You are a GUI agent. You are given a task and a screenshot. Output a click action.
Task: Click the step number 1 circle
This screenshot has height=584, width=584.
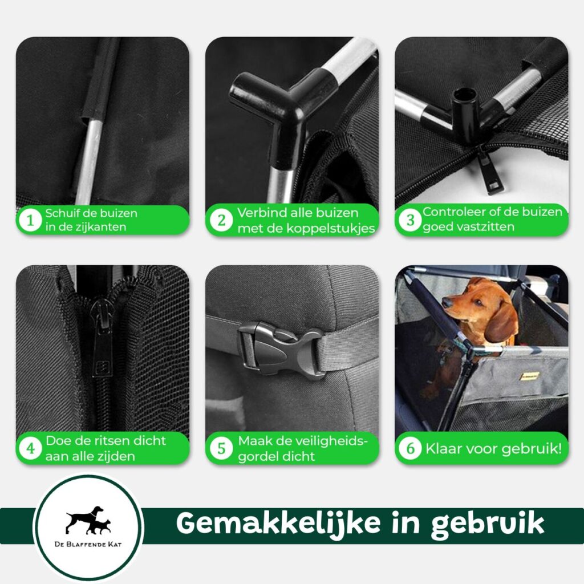tap(30, 220)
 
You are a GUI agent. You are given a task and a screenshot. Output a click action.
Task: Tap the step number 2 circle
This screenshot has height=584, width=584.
tap(221, 220)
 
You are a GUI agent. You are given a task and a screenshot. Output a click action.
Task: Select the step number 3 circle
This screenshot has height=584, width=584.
tap(410, 220)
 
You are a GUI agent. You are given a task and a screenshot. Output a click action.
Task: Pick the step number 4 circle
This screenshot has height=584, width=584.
tap(30, 448)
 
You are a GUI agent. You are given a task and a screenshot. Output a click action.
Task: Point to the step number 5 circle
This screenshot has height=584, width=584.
tap(221, 448)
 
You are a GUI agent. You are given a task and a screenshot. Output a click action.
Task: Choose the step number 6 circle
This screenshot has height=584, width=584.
tap(410, 448)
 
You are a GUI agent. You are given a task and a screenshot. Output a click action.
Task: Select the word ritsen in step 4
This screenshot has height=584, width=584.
tap(106, 441)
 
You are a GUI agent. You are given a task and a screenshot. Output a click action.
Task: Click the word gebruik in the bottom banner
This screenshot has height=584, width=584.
tap(487, 524)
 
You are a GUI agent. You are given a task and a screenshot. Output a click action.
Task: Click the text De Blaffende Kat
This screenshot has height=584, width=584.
tap(88, 544)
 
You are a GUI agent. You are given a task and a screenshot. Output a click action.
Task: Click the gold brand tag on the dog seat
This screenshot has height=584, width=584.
tap(530, 375)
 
